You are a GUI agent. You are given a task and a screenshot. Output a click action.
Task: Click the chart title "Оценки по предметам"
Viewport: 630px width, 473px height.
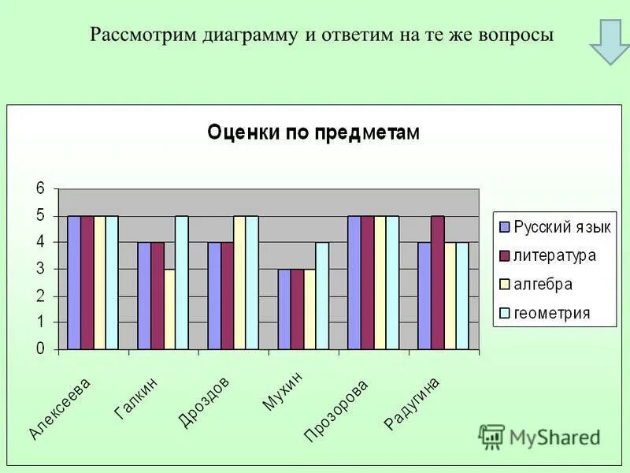[x=313, y=132]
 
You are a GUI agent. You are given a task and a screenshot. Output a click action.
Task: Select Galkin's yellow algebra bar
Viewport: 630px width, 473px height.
[x=169, y=309]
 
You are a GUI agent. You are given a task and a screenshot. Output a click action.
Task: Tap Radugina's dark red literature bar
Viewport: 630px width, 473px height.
[x=438, y=282]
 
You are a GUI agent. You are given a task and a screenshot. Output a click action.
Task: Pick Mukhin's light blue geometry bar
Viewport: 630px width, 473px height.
[x=322, y=296]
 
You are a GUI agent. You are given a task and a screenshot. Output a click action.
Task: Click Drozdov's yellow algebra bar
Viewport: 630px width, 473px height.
[x=239, y=282]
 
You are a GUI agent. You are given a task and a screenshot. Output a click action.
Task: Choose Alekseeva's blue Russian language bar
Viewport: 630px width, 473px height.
[x=74, y=282]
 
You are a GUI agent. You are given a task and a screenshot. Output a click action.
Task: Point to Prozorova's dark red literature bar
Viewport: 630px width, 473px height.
[x=368, y=282]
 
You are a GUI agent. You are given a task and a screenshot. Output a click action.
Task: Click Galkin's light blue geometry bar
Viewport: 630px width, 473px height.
[x=182, y=282]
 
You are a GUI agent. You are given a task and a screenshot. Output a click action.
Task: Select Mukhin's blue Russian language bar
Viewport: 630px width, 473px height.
[x=283, y=309]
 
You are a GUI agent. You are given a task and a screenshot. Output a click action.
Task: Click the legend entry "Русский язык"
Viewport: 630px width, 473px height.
[x=561, y=227]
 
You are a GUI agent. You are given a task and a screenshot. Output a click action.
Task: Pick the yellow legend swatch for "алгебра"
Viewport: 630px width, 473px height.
[x=504, y=285]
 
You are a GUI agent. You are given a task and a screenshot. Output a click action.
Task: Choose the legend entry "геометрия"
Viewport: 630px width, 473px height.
[x=551, y=313]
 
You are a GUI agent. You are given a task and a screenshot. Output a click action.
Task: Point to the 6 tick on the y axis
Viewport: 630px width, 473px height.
[x=39, y=189]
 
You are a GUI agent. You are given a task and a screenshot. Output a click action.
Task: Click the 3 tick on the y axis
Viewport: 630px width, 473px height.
[x=39, y=270]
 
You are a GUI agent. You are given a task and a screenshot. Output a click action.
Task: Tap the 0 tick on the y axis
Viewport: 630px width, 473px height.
[x=39, y=349]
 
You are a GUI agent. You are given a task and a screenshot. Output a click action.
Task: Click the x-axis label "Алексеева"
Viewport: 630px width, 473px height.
[x=61, y=408]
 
